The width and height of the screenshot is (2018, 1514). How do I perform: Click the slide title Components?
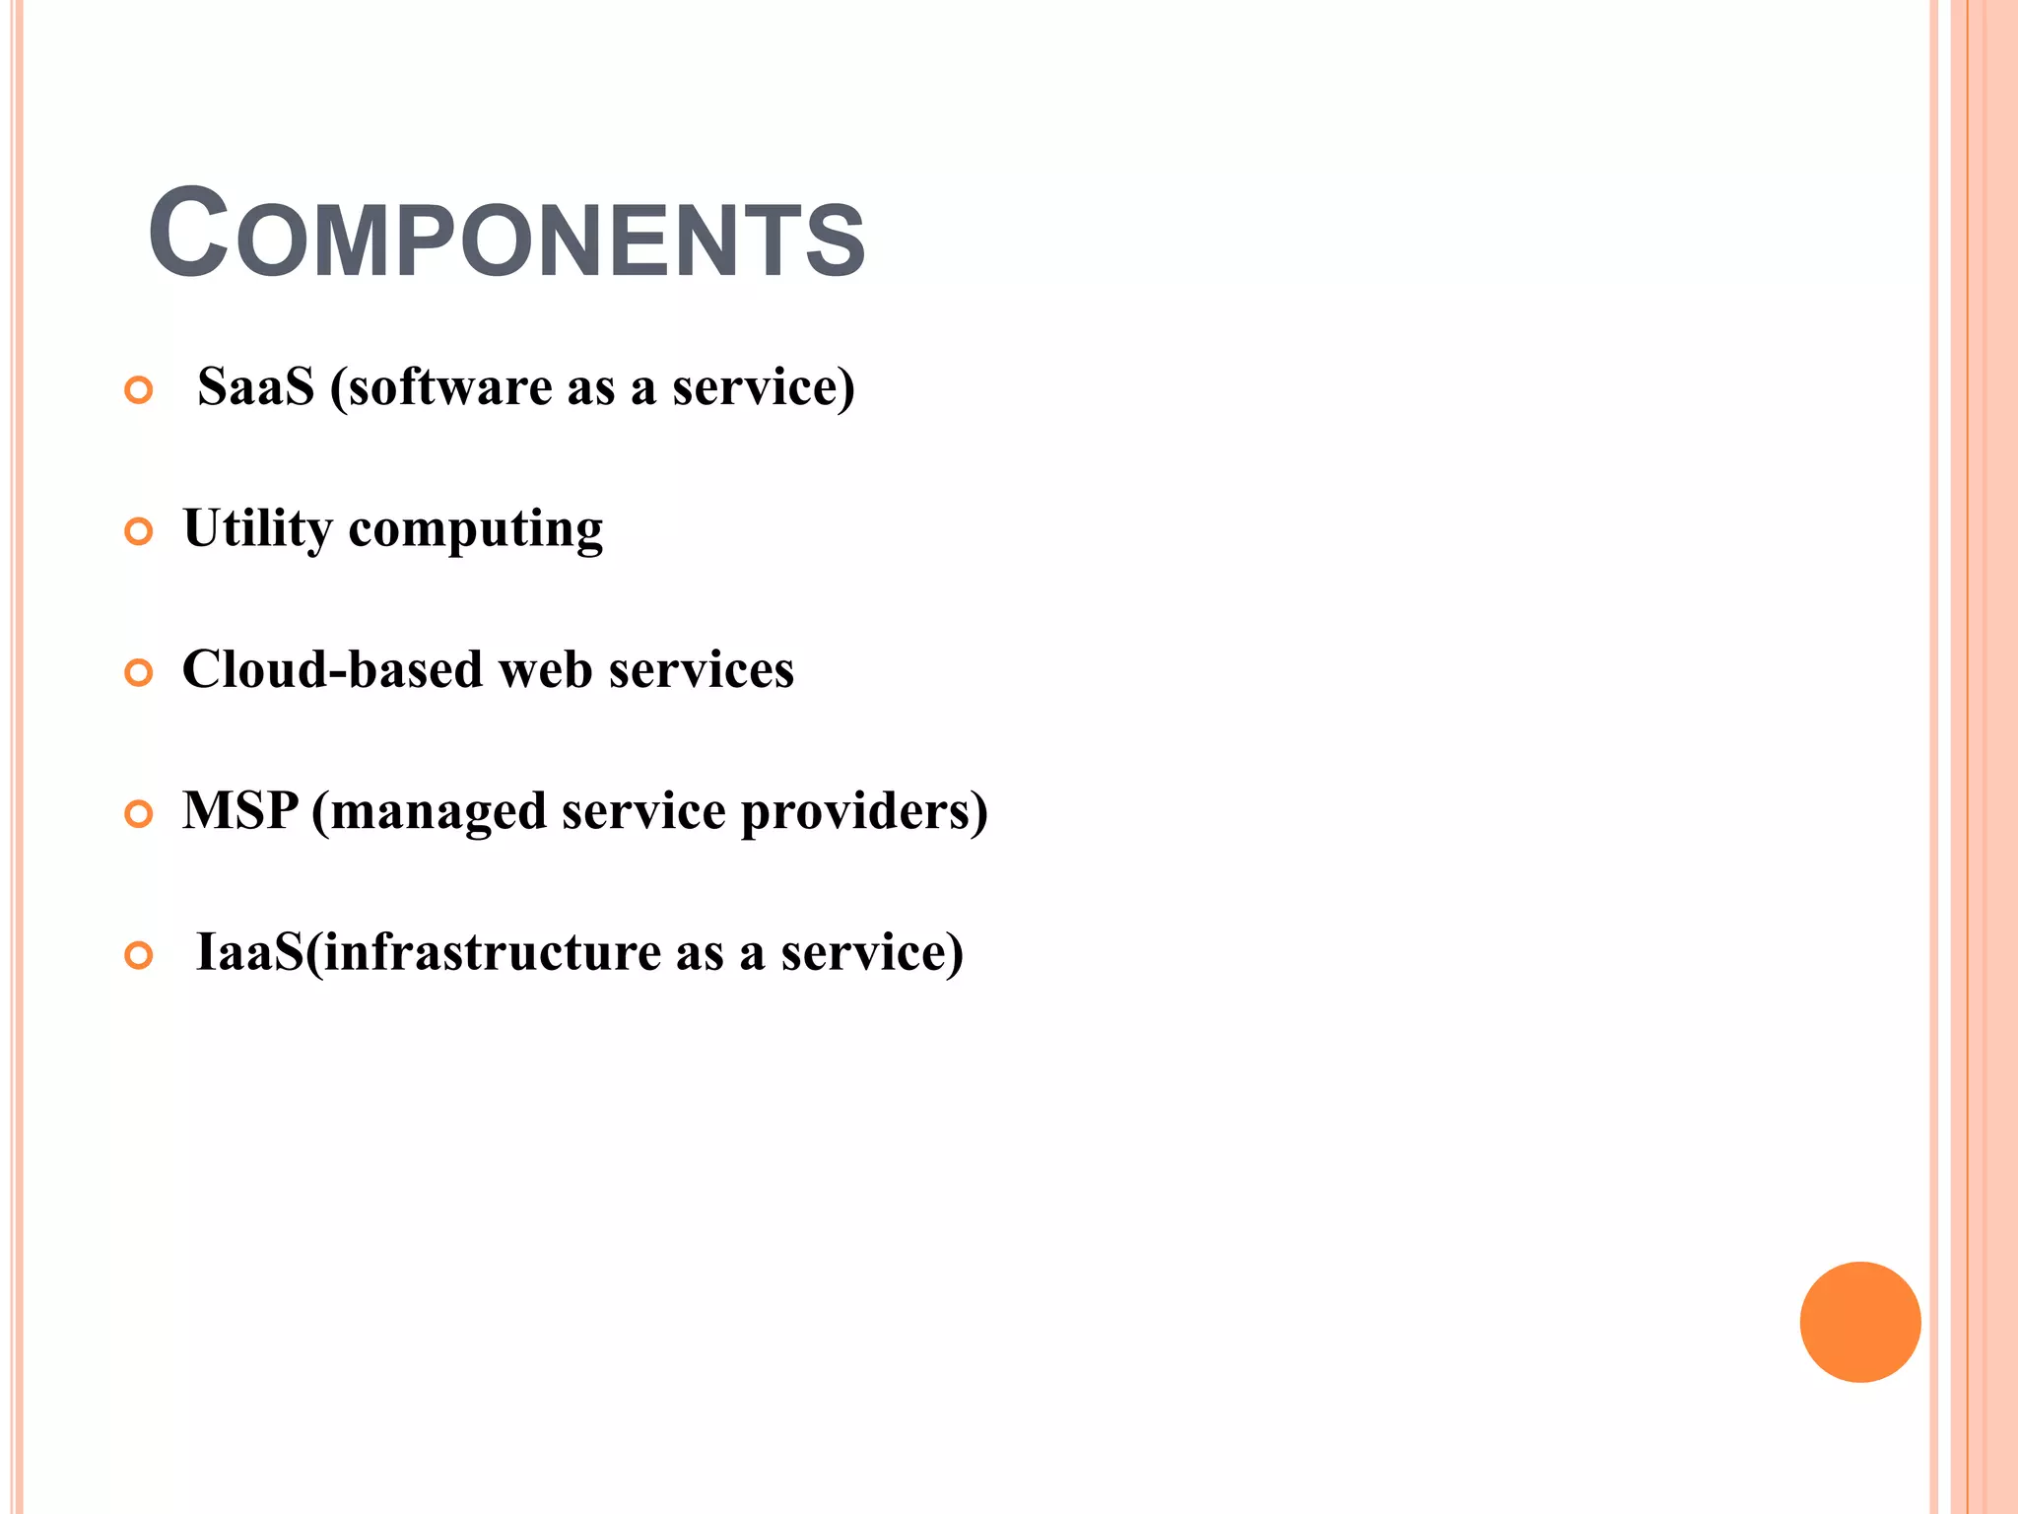point(506,235)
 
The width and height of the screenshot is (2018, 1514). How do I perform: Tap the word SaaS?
point(255,386)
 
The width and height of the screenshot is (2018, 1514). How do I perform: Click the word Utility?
point(257,528)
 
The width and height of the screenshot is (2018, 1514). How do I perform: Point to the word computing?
point(476,530)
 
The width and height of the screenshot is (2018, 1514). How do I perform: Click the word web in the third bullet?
point(545,669)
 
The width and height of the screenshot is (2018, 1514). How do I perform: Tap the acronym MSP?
point(240,810)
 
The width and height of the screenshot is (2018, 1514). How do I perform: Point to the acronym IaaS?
point(249,952)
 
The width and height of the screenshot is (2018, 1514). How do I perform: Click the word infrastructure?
point(492,952)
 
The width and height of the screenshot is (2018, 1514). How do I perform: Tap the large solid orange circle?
point(1859,1322)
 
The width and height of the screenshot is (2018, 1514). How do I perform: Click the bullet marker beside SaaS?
point(139,390)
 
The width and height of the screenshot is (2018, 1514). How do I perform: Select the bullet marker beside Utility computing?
point(139,532)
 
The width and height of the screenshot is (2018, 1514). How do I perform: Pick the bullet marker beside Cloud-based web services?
point(139,673)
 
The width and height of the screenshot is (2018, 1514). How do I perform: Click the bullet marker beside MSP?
point(139,814)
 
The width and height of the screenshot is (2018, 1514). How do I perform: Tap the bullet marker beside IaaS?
point(139,955)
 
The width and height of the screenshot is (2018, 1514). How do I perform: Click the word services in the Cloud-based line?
point(701,669)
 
